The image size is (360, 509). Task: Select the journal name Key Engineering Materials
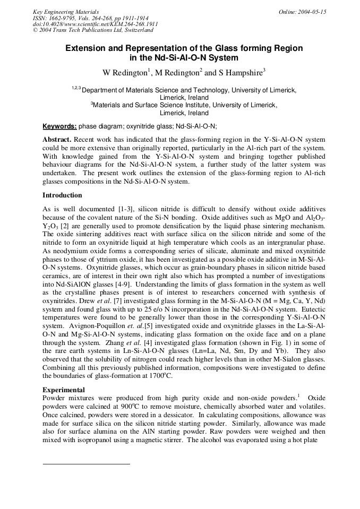66,12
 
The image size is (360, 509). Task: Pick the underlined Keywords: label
59,126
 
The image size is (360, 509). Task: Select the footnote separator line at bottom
86,464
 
